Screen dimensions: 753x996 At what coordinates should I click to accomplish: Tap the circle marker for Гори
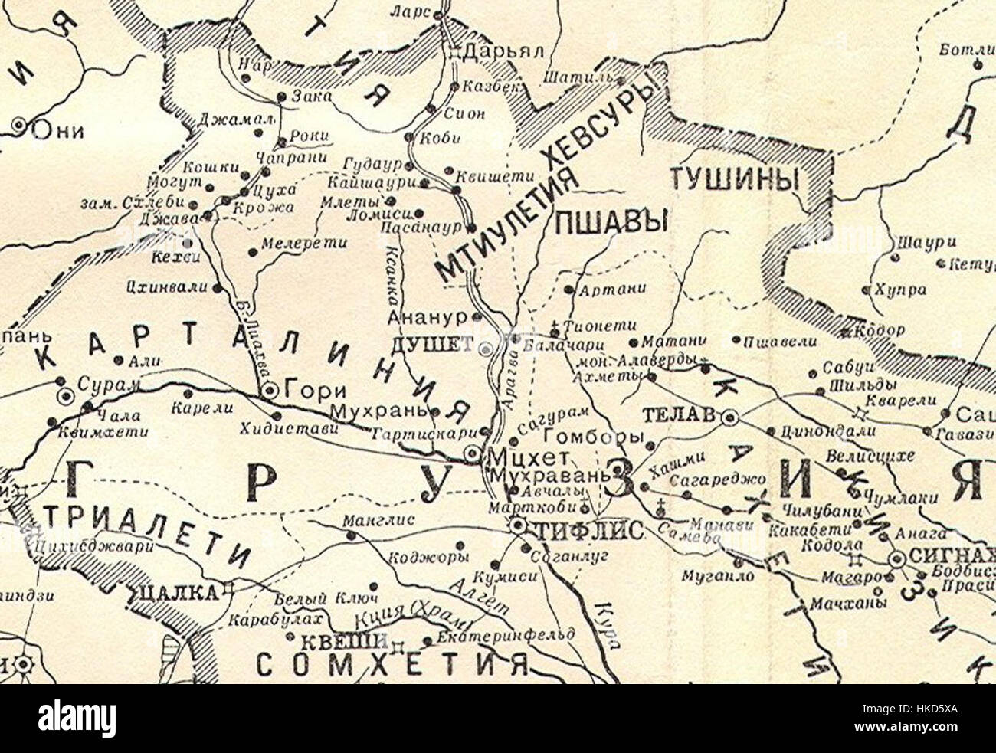[x=269, y=391]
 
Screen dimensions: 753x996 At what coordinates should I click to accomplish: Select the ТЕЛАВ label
[x=680, y=415]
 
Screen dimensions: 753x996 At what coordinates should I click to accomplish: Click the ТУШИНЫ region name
[x=735, y=180]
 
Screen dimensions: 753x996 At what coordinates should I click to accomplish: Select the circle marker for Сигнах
[x=896, y=559]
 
